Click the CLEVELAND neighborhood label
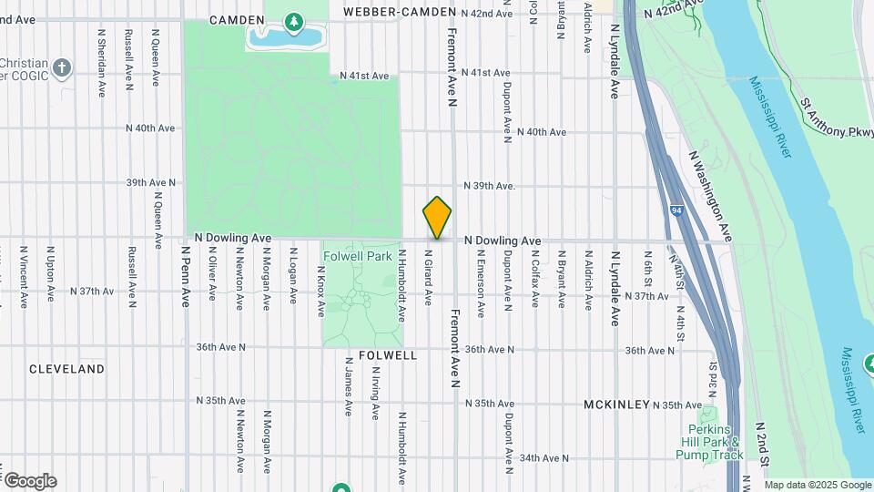66,369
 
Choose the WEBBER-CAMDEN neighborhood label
399,12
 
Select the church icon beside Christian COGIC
61,68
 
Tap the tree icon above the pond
293,19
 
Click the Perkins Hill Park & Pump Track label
710,442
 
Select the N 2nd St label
761,444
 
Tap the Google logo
30,480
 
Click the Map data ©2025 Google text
817,485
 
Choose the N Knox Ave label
320,291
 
